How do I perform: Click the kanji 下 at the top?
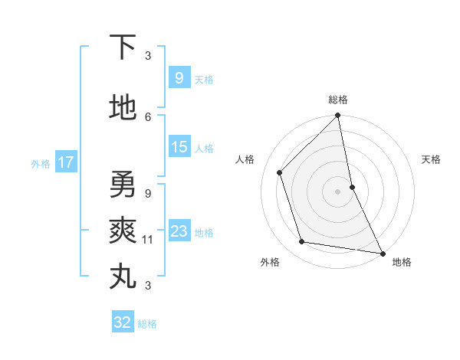pyautogui.click(x=122, y=47)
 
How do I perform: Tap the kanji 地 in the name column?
pyautogui.click(x=123, y=108)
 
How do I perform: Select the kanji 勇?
pyautogui.click(x=123, y=184)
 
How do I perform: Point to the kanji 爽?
pyautogui.click(x=123, y=230)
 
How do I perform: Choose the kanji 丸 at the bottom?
pyautogui.click(x=123, y=277)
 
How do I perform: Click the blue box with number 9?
pyautogui.click(x=179, y=78)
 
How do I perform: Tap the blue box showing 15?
pyautogui.click(x=179, y=148)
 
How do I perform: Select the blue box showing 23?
pyautogui.click(x=179, y=232)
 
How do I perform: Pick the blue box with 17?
pyautogui.click(x=65, y=162)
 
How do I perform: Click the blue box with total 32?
pyautogui.click(x=123, y=322)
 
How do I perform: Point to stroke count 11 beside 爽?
pyautogui.click(x=148, y=240)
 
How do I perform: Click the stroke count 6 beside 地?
pyautogui.click(x=148, y=116)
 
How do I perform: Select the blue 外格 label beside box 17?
pyautogui.click(x=41, y=163)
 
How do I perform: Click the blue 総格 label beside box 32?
pyautogui.click(x=147, y=324)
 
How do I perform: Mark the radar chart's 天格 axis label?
pyautogui.click(x=432, y=159)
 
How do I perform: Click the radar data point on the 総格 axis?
pyautogui.click(x=338, y=116)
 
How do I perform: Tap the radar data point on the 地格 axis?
pyautogui.click(x=382, y=252)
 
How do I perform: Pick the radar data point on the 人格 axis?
pyautogui.click(x=280, y=172)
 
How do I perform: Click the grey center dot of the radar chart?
pyautogui.click(x=338, y=191)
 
